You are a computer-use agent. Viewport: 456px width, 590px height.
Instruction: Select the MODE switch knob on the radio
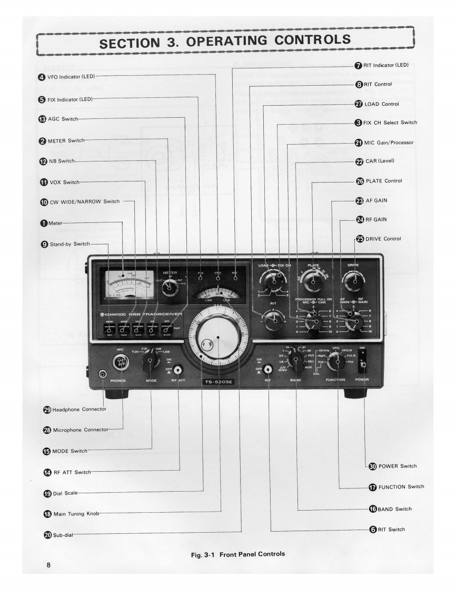tap(151, 361)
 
